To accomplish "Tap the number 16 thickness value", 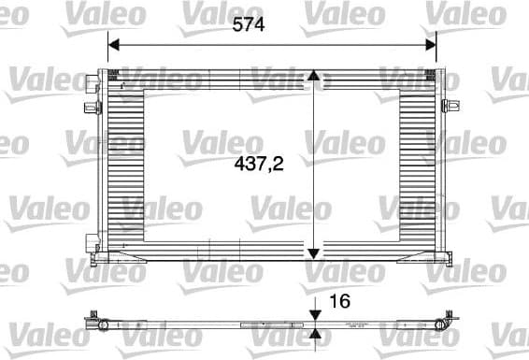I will point(342,301).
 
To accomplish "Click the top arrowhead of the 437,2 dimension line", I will point(314,77).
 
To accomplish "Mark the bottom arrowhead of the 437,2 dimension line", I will point(314,251).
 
